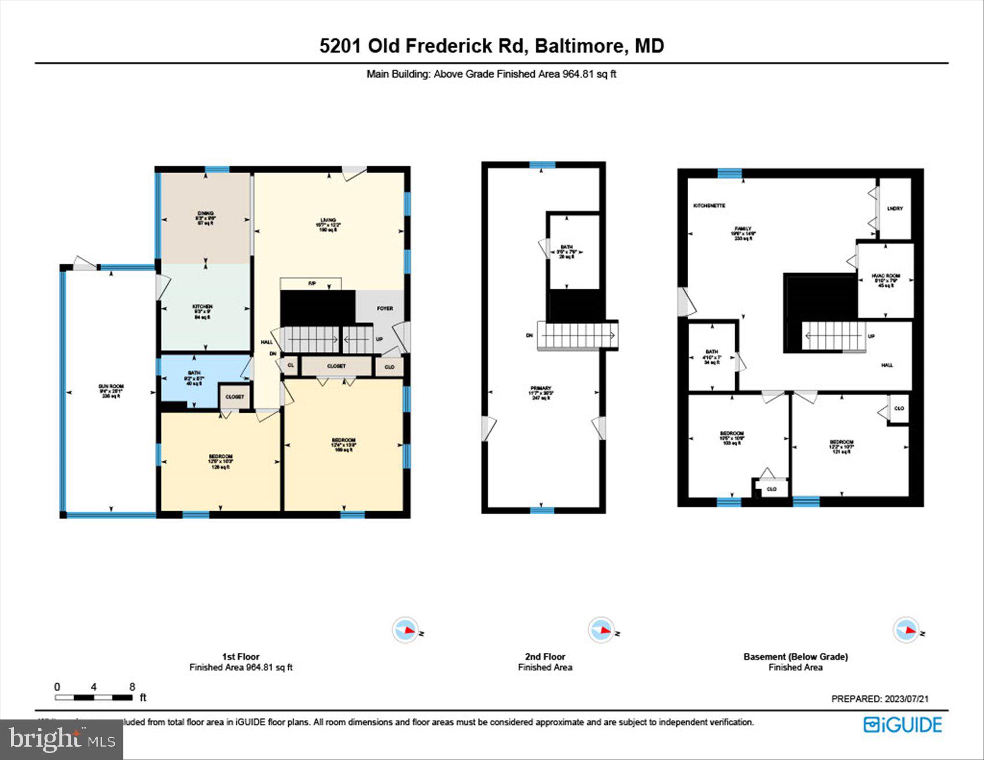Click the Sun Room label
111,387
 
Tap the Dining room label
205,214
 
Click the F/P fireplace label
311,284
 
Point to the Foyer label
385,309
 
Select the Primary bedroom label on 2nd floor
541,389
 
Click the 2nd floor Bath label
566,248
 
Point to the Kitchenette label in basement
709,206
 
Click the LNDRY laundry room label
895,208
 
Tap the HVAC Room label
886,276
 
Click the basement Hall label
887,365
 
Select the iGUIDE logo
902,725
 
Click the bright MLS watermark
61,739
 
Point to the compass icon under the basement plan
906,630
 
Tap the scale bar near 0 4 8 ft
94,697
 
